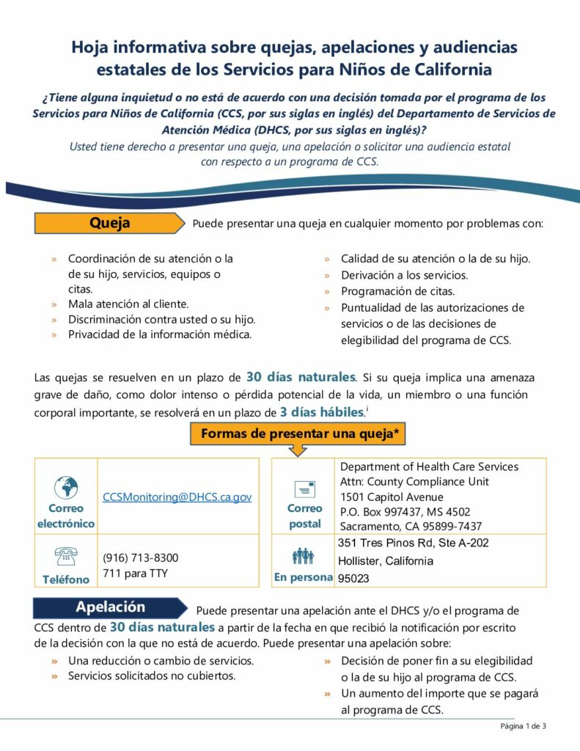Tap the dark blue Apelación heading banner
[110, 607]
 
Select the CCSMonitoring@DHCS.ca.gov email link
[177, 497]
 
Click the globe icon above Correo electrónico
[66, 486]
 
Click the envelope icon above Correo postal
[304, 488]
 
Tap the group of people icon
[304, 557]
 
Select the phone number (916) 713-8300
[140, 557]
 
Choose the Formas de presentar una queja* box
[299, 433]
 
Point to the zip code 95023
[353, 579]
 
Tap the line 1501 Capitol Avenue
[392, 497]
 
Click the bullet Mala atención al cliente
[128, 304]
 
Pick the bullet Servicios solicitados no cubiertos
[152, 675]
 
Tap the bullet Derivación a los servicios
[404, 275]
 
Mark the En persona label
[304, 578]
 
